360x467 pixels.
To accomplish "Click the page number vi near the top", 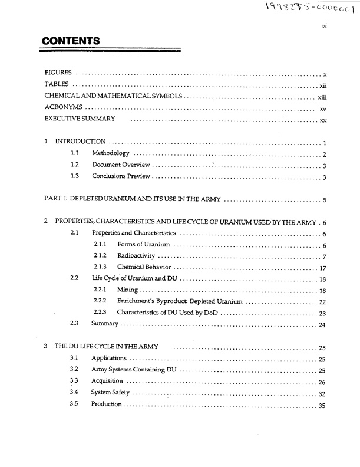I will pos(323,26).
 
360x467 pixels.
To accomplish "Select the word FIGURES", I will pos(58,73).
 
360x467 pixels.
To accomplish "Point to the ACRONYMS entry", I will pos(63,108).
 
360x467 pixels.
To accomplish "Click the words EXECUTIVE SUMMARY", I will pos(80,120).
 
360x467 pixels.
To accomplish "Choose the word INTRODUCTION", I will pos(80,142).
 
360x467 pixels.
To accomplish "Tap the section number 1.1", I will pos(74,153).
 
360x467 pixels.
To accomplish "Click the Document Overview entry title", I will pos(121,165).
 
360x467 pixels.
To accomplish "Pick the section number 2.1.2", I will pos(100,256).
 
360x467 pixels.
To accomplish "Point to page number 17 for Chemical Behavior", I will pos(322,267).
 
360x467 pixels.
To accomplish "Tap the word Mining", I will pos(127,290).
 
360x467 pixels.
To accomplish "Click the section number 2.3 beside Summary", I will pos(74,323).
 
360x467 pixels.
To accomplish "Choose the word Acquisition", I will pos(108,381).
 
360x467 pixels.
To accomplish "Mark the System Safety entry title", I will pos(110,392).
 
